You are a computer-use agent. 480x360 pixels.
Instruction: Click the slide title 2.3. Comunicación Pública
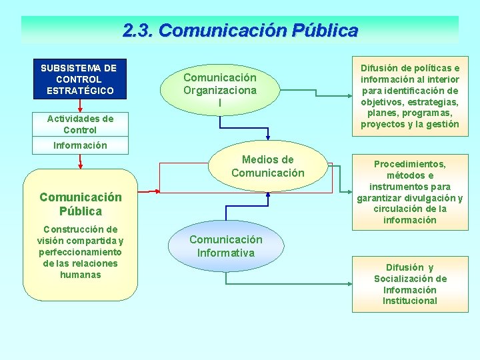pos(240,31)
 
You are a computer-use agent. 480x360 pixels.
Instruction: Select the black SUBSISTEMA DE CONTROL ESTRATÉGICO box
pos(79,79)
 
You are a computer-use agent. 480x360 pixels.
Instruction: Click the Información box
pos(80,145)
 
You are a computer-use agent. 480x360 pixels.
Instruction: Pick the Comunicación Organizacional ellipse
pos(220,90)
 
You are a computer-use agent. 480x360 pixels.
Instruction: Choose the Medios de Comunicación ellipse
pos(267,167)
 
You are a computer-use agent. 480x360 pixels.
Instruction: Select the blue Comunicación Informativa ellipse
pos(225,246)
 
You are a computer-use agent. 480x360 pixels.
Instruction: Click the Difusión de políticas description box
pos(410,96)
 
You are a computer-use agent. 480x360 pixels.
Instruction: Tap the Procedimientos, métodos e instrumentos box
pos(410,192)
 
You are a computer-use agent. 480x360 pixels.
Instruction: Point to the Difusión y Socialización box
pos(410,284)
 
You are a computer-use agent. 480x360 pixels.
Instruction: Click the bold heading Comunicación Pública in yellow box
pos(80,204)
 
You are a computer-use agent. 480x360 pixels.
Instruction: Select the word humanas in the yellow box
pos(80,275)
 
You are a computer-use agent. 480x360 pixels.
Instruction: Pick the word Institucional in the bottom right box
pos(410,301)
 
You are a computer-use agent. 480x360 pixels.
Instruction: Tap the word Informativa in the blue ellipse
pos(225,253)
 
